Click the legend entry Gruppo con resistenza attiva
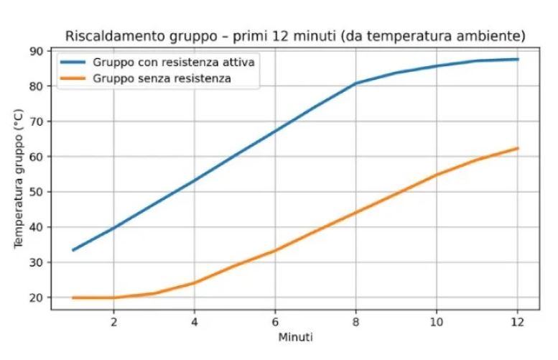coord(174,62)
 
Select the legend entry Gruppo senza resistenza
coord(162,78)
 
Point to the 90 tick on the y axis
coord(36,50)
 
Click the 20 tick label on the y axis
coord(36,297)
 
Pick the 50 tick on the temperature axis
coord(36,192)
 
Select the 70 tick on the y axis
coord(36,121)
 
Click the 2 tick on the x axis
coord(113,320)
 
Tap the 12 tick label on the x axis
coord(518,320)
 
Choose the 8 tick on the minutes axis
coord(356,320)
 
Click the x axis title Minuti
coord(295,336)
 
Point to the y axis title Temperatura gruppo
coord(18,180)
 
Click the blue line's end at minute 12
coord(518,59)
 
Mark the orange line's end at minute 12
coord(518,148)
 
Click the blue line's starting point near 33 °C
coord(73,250)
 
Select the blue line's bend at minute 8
coord(356,83)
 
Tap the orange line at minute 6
coord(275,250)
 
